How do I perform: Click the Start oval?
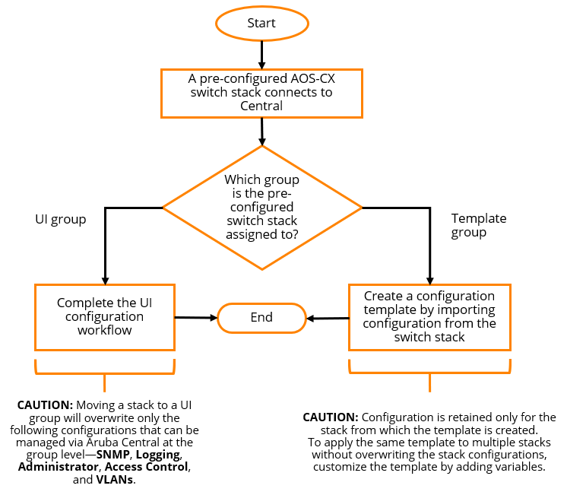click(x=261, y=23)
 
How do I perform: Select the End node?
click(x=261, y=317)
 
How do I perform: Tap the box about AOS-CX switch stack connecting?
click(x=261, y=93)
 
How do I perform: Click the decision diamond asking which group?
click(x=261, y=206)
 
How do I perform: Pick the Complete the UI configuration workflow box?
click(x=105, y=316)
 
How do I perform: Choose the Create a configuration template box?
click(x=429, y=316)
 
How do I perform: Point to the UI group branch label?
click(x=60, y=219)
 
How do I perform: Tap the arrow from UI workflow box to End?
click(x=196, y=317)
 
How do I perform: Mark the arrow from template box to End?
click(x=327, y=318)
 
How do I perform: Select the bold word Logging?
click(x=158, y=454)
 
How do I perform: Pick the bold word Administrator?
click(x=59, y=466)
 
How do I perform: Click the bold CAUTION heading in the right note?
click(x=330, y=417)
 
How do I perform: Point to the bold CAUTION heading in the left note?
click(x=45, y=405)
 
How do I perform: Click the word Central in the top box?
click(x=261, y=106)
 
